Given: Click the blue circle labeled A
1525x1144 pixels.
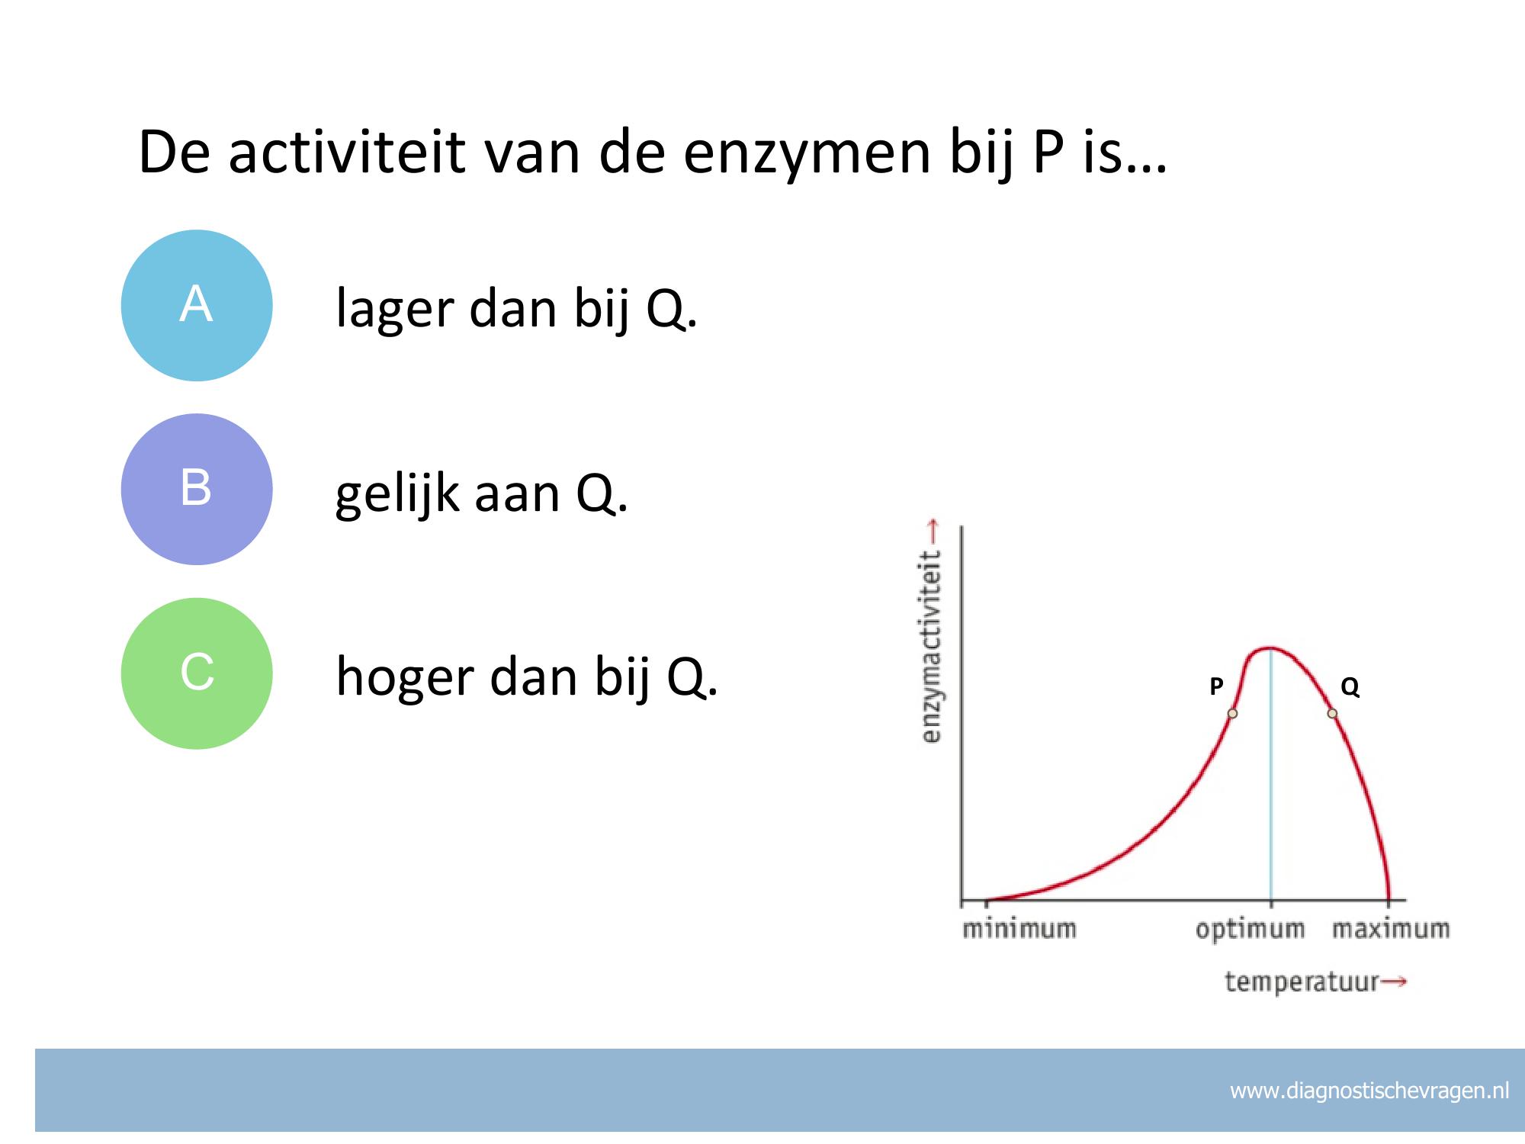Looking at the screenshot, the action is [197, 305].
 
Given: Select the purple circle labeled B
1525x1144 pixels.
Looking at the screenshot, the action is [197, 489].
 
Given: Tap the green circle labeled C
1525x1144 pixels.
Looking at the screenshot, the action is [197, 673].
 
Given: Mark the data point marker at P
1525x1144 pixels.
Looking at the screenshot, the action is [1232, 714].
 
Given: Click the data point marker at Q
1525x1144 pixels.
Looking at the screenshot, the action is [1332, 714].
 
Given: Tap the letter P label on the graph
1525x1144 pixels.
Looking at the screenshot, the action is [1216, 686].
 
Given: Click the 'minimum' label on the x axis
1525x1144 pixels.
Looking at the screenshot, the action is [1019, 930].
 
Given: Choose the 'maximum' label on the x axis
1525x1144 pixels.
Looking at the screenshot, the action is [1391, 930].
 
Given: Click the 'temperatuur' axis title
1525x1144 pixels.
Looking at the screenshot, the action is [1302, 982].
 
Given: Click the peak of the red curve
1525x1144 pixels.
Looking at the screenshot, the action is [1269, 648].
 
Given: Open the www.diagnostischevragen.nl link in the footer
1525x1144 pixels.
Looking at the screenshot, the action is [1369, 1091].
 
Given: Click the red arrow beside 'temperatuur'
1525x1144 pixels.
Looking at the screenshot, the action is [1394, 982].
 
